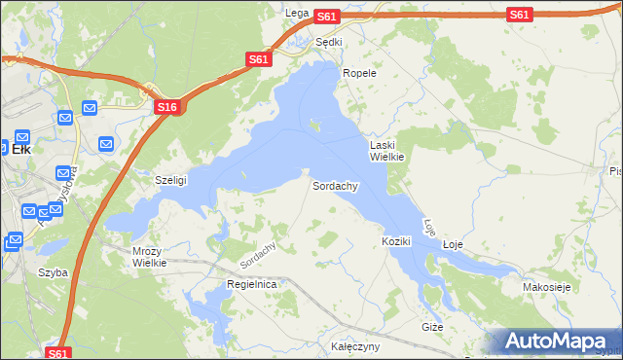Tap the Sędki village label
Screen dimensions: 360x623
coord(329,42)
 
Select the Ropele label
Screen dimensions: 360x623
coord(358,73)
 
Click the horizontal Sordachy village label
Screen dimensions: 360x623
coord(336,185)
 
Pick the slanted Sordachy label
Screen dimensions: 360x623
coord(258,255)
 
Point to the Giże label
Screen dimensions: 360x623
coord(432,327)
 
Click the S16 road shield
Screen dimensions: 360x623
coord(166,107)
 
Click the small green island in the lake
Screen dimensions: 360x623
coord(313,124)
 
